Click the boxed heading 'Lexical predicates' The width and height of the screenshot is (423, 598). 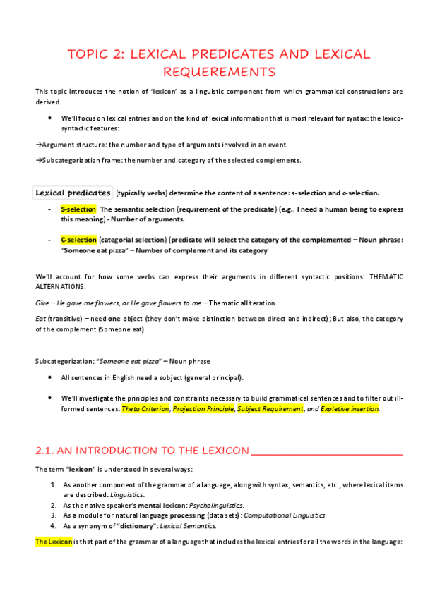point(73,193)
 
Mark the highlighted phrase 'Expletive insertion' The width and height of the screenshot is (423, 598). point(349,409)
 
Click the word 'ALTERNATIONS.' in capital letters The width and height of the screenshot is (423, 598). point(63,288)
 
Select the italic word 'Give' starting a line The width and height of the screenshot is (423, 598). point(42,303)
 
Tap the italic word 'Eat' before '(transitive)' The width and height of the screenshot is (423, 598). point(41,318)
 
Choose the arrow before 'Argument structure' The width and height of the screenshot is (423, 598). point(38,145)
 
